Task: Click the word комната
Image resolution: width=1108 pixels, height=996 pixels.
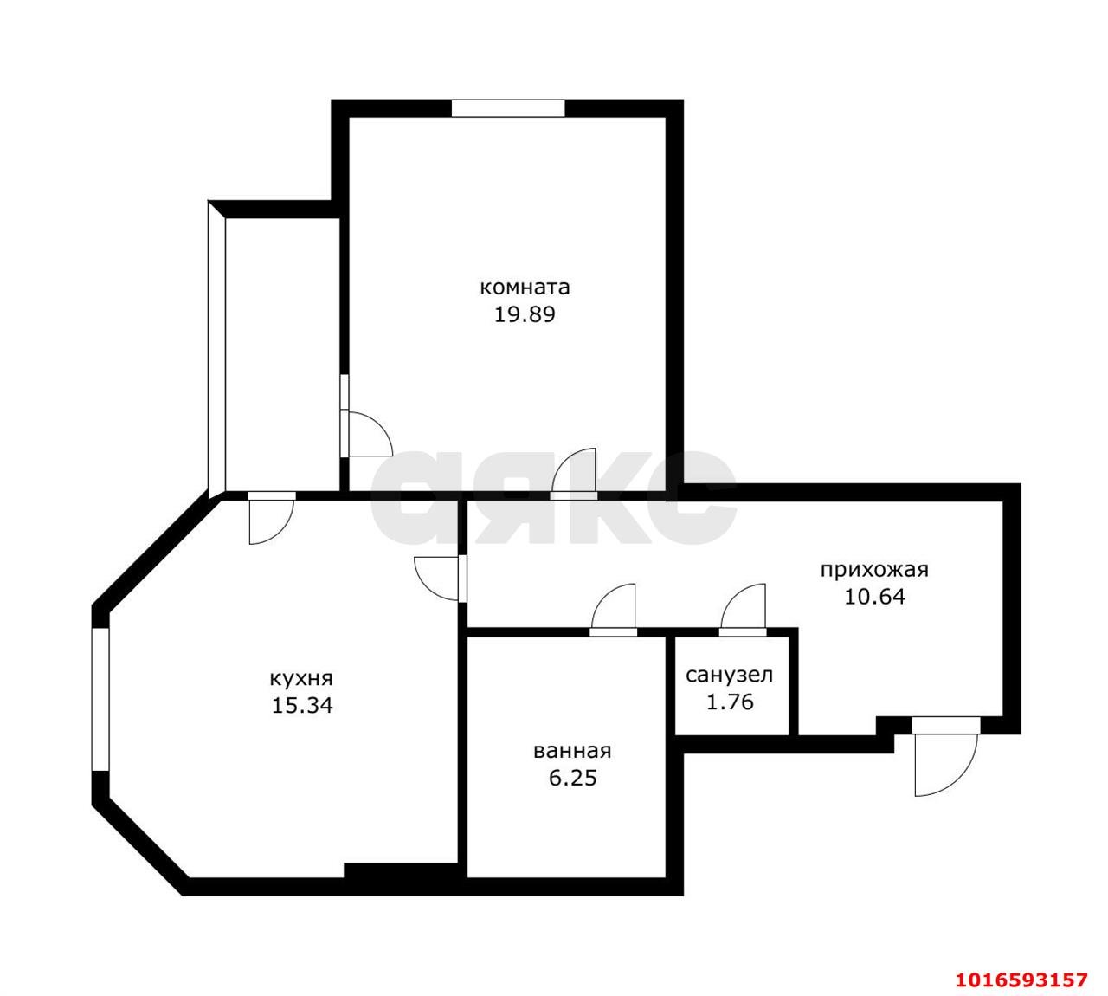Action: coord(525,287)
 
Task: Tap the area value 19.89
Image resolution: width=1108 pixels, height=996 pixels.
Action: coord(525,314)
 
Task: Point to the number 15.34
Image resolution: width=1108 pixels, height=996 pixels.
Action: coord(302,705)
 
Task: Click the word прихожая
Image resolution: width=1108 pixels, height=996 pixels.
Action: coord(874,569)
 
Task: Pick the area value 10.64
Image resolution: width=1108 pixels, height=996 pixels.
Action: coord(875,597)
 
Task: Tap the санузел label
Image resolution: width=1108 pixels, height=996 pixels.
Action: coord(730,675)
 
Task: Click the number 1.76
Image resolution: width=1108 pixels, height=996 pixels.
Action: coord(730,702)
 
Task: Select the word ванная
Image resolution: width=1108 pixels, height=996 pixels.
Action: coord(572,750)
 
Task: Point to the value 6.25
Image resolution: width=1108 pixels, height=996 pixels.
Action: coord(572,778)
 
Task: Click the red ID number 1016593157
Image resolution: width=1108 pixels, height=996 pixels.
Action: coord(1021,980)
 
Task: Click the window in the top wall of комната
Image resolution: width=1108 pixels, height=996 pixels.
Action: coord(508,108)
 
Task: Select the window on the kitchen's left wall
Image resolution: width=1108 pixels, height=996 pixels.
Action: coord(100,699)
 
